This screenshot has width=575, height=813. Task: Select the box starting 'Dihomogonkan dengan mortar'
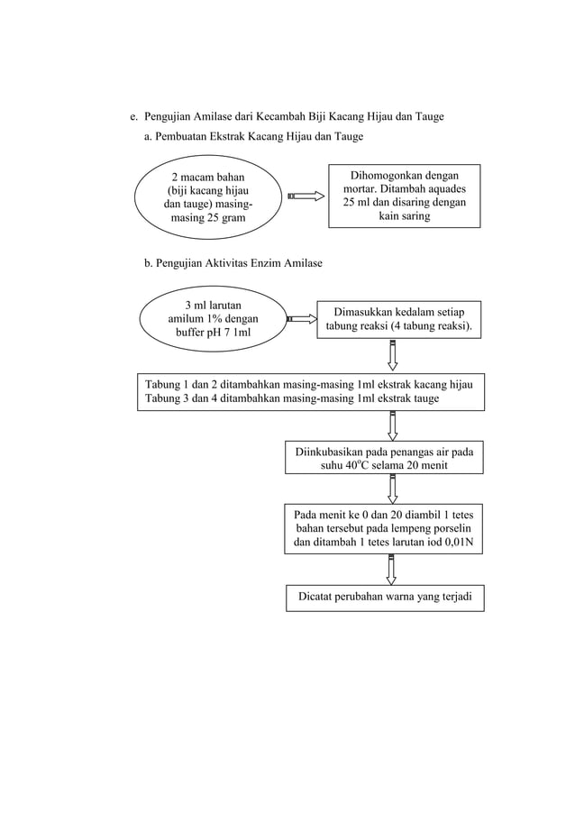[405, 196]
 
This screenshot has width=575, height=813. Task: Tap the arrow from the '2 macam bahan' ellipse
[306, 196]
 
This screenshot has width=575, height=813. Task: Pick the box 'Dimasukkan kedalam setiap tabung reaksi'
[398, 319]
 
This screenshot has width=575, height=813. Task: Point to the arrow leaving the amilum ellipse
[301, 318]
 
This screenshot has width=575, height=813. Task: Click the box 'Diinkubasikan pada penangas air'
[384, 458]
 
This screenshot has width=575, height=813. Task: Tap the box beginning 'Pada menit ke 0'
[384, 529]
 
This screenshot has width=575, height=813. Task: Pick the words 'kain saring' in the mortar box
[405, 217]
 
